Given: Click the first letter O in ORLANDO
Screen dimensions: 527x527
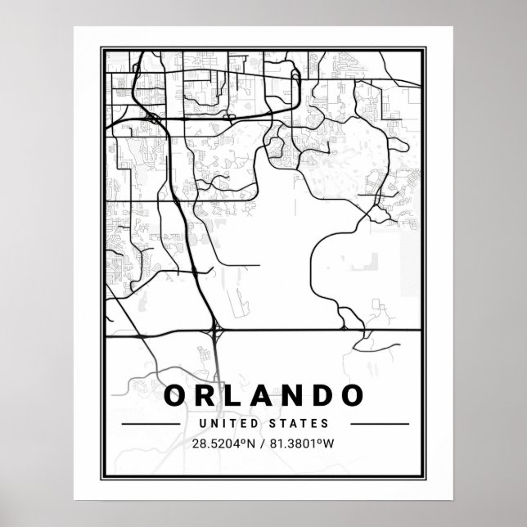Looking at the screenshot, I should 176,395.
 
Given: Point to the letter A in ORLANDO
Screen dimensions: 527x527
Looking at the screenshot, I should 262,395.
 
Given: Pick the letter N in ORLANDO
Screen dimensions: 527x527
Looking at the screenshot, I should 292,395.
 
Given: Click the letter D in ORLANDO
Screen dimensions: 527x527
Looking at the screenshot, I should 322,395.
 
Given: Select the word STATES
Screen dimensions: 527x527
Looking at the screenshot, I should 302,424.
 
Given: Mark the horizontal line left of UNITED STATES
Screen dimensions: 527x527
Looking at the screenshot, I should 150,424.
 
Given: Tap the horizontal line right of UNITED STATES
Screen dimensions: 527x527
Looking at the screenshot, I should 378,424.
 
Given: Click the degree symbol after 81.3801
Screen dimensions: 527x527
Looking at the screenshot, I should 327,443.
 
